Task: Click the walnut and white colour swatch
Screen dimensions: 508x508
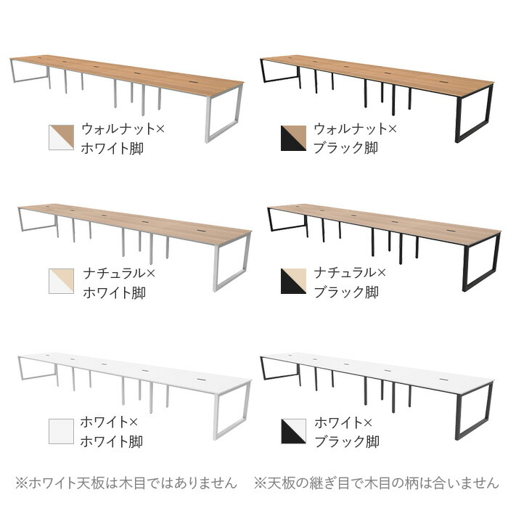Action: (x=61, y=138)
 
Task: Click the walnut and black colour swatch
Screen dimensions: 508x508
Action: (x=293, y=138)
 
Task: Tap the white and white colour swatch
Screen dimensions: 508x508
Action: (x=61, y=431)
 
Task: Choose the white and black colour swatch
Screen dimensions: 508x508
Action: (x=293, y=431)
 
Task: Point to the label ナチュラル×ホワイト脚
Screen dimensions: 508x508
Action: (x=117, y=282)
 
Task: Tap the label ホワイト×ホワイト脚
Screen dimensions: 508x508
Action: (x=112, y=431)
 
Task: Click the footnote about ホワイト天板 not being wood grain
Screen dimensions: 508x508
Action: (x=126, y=483)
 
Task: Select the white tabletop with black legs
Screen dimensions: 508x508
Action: (x=377, y=371)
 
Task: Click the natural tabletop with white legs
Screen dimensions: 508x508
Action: (x=135, y=221)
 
